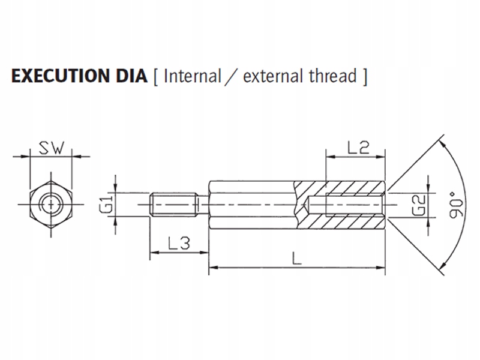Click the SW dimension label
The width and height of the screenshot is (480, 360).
tap(51, 148)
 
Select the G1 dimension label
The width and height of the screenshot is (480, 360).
tap(106, 204)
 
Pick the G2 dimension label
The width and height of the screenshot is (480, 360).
tap(419, 204)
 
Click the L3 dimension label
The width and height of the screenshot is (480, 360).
tap(178, 244)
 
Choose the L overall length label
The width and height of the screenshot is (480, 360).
tap(296, 259)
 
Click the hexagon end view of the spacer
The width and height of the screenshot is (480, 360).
tap(51, 205)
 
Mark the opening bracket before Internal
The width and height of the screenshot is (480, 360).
tap(155, 77)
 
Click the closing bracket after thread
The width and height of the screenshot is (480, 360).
tap(364, 77)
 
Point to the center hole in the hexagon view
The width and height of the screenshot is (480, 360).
tap(51, 205)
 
